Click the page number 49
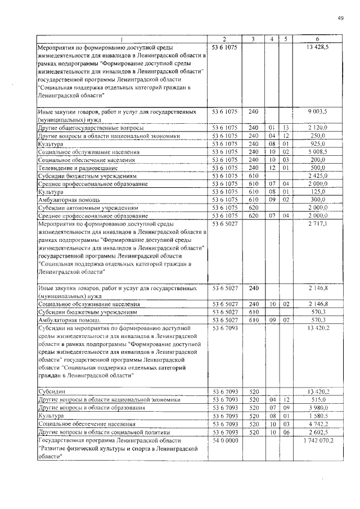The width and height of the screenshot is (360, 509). click(340, 19)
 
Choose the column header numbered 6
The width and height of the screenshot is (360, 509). click(318, 39)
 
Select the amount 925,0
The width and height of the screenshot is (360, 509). click(318, 144)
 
